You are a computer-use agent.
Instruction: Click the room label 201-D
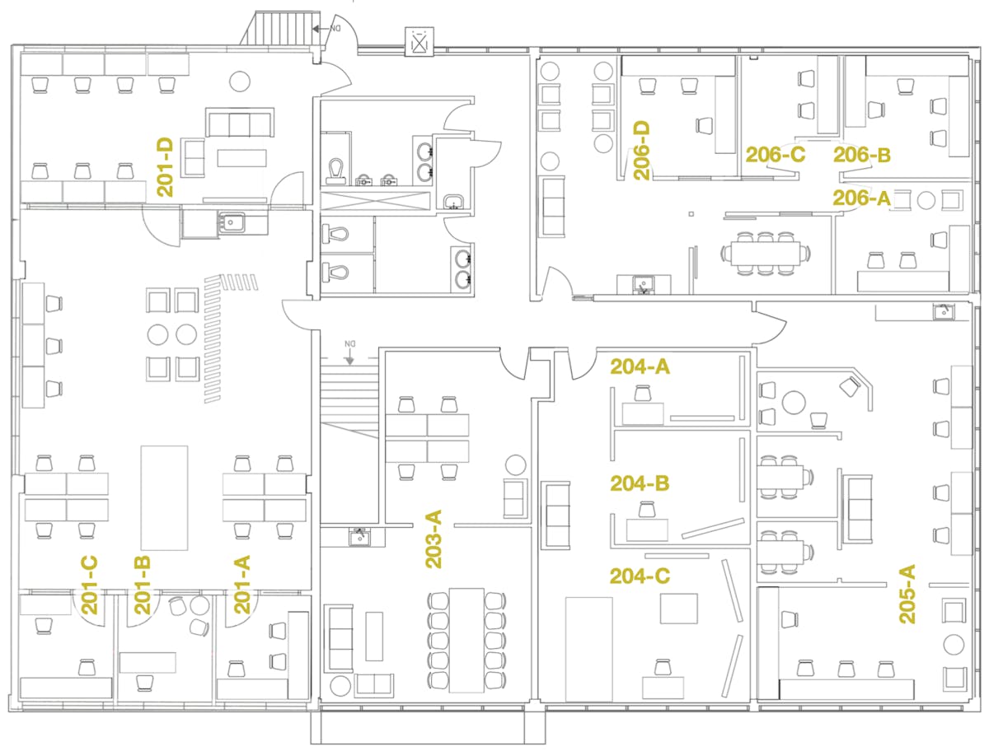[x=165, y=167]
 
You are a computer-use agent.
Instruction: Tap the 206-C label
[x=775, y=155]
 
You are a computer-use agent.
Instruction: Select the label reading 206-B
[x=861, y=155]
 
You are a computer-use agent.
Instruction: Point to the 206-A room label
[x=861, y=198]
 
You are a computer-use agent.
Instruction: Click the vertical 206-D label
[x=641, y=151]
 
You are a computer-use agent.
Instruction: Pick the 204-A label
[x=640, y=366]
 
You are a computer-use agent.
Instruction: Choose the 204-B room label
[x=640, y=483]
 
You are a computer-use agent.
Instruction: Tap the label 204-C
[x=640, y=576]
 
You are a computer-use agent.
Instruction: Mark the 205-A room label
[x=907, y=594]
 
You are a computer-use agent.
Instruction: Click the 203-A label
[x=434, y=539]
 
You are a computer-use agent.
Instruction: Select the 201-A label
[x=242, y=585]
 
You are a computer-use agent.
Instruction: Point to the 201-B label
[x=143, y=585]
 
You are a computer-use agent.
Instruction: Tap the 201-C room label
[x=89, y=585]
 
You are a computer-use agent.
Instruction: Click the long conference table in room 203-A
[x=466, y=641]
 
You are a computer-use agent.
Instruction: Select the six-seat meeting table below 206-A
[x=766, y=254]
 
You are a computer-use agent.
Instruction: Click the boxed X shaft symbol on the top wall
[x=419, y=42]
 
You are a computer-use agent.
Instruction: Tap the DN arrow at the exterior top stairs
[x=321, y=29]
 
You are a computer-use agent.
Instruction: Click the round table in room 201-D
[x=239, y=82]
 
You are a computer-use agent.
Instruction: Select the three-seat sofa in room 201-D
[x=240, y=122]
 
